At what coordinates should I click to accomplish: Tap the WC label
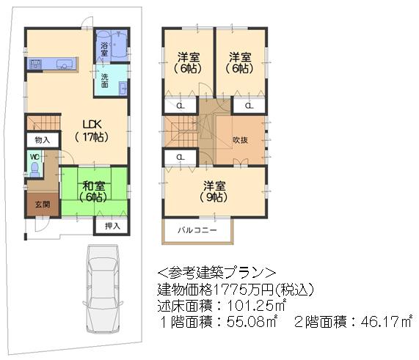pyautogui.click(x=34, y=157)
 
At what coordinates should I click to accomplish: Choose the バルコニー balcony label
pyautogui.click(x=196, y=230)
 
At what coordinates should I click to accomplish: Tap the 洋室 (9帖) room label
pyautogui.click(x=213, y=191)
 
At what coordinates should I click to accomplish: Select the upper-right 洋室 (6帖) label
pyautogui.click(x=239, y=62)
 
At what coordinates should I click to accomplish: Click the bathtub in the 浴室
pyautogui.click(x=112, y=38)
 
